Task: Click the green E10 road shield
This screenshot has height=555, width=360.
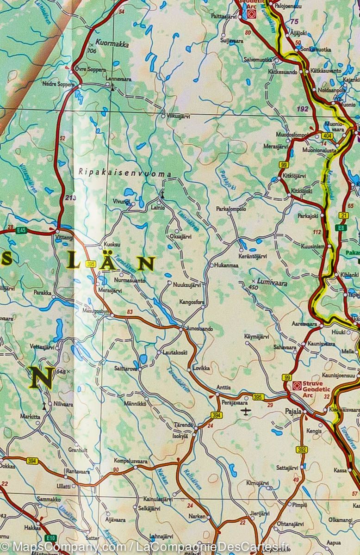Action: (51, 538)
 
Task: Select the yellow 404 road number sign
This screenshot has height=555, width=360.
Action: (327, 136)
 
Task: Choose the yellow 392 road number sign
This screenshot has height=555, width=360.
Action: (302, 449)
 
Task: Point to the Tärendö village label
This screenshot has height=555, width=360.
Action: (183, 425)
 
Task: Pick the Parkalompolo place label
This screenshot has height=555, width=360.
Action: (231, 209)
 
